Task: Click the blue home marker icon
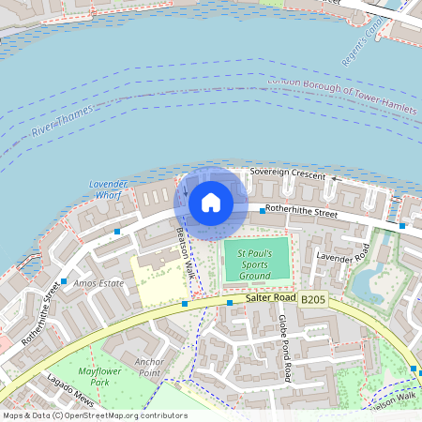point(211,202)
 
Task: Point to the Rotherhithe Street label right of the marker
point(301,213)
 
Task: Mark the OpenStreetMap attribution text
point(94,415)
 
